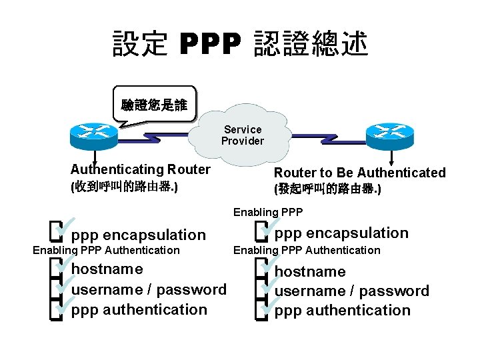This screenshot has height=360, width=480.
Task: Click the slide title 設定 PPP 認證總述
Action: click(240, 44)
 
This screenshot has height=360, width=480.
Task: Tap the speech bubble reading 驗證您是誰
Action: click(154, 105)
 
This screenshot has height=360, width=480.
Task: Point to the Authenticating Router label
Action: click(140, 169)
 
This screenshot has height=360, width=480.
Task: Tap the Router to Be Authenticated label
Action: click(359, 173)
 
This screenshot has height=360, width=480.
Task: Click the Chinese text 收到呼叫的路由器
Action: click(124, 187)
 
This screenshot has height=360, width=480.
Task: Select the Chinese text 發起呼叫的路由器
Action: click(327, 189)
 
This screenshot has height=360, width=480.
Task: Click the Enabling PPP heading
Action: click(268, 212)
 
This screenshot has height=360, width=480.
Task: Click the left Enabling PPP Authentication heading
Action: click(106, 250)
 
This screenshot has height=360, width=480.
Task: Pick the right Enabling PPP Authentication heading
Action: click(307, 250)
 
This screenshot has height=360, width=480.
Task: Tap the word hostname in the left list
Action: click(107, 269)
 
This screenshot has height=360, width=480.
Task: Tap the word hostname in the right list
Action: click(310, 272)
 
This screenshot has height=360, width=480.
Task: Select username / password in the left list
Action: click(149, 289)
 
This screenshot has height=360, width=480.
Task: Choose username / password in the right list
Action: click(352, 291)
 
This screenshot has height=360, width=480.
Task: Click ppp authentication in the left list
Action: click(139, 309)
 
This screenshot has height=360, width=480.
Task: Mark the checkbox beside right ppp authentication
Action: click(261, 309)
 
